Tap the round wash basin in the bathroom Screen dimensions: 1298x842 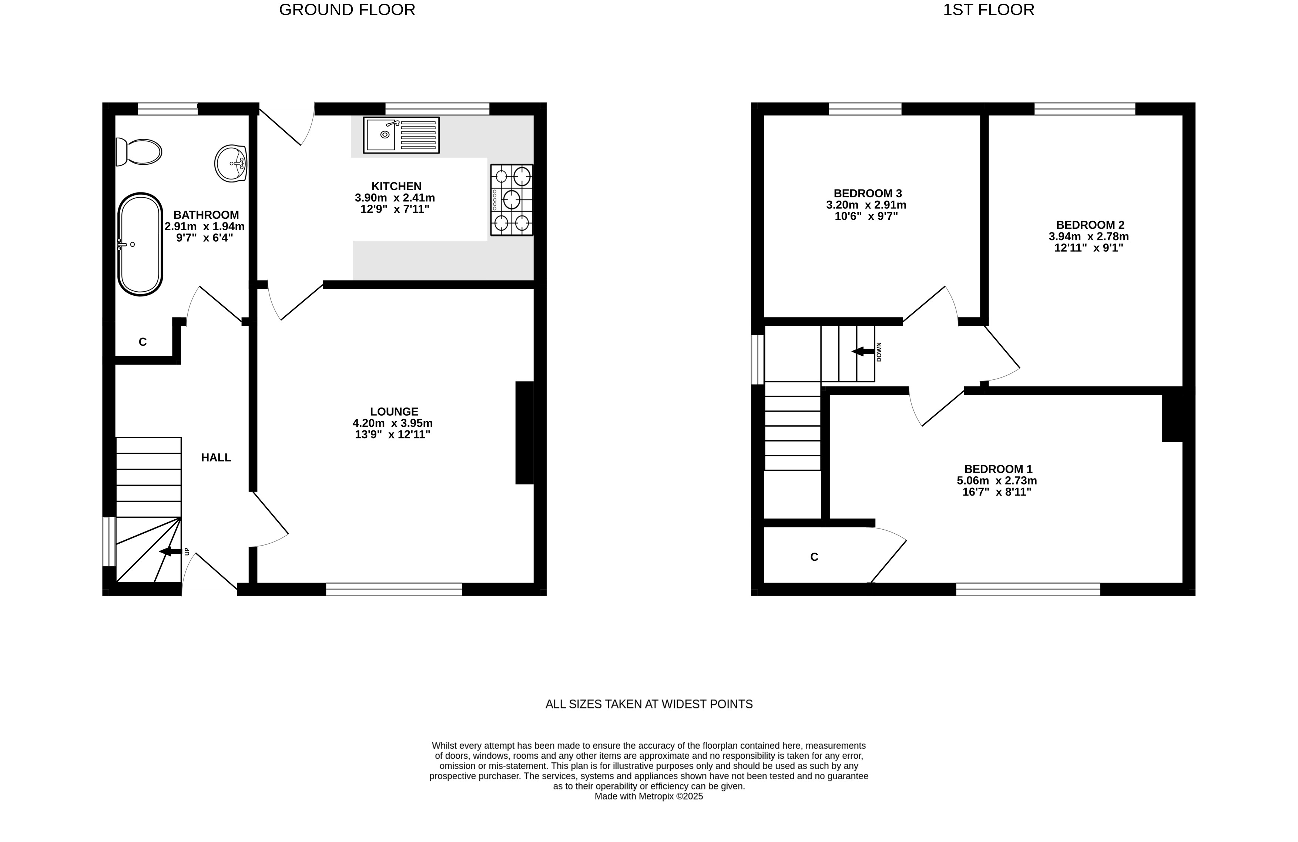point(231,163)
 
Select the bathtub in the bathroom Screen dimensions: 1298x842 point(140,244)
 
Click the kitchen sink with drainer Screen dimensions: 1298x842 point(402,135)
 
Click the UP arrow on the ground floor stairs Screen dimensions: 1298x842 point(170,552)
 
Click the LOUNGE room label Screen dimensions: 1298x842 point(394,412)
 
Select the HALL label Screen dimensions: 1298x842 point(216,457)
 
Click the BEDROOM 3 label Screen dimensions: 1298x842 point(868,194)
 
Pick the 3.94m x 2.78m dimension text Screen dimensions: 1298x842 point(1089,237)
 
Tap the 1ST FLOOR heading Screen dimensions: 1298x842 point(989,10)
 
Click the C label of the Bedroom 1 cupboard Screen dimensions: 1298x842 point(814,557)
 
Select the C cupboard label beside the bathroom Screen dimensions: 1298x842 point(143,342)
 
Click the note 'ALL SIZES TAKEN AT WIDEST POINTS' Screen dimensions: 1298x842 point(649,704)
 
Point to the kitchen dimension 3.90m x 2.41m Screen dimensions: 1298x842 point(395,198)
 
